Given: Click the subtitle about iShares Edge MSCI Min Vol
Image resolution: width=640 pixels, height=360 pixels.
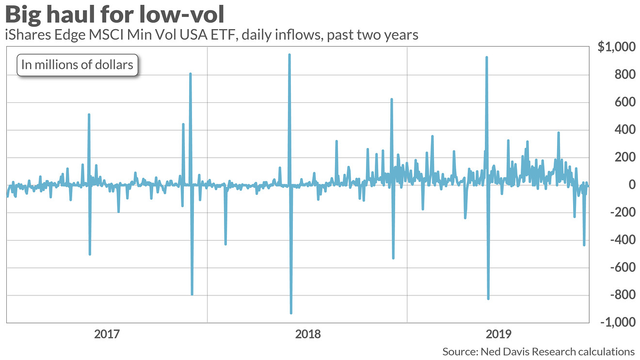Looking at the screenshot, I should [x=211, y=35].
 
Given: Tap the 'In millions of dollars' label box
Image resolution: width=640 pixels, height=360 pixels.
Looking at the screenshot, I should [x=78, y=65].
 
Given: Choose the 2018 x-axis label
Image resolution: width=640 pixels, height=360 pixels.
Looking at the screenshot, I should [x=307, y=334].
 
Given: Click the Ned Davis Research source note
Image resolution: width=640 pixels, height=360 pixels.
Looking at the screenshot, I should [x=538, y=351].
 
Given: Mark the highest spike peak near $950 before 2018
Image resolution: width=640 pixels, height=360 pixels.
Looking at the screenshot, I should [x=289, y=54].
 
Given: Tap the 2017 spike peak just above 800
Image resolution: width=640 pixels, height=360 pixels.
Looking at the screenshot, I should [x=191, y=74].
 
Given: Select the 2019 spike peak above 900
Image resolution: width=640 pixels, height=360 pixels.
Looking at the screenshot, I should [x=486, y=57].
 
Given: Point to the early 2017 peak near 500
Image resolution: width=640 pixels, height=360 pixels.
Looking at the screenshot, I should [x=89, y=115].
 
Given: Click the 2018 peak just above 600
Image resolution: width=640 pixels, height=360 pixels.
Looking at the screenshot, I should [x=391, y=99].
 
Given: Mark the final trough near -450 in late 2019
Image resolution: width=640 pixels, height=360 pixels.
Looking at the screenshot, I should [x=584, y=245].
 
